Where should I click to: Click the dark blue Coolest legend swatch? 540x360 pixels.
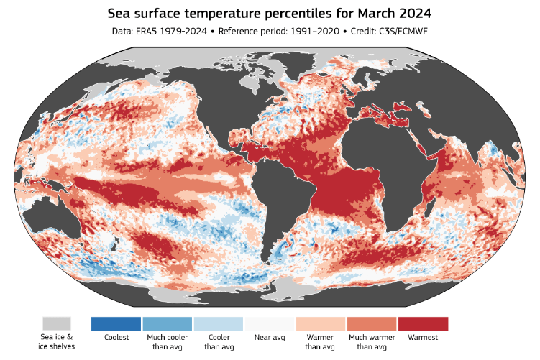pos(116,323)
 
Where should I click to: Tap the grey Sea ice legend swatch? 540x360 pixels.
pos(56,323)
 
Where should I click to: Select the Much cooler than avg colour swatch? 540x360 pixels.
pos(167,323)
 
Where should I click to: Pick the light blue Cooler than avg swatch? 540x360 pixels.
pos(218,323)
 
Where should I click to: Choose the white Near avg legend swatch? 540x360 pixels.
pos(270,323)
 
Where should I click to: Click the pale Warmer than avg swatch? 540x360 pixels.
pos(321,323)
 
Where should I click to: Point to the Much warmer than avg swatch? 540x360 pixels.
pos(372,323)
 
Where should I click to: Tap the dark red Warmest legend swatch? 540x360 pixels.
pos(423,323)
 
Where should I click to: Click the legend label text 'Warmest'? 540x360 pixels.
pos(423,337)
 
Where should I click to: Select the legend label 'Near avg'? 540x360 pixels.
pos(270,337)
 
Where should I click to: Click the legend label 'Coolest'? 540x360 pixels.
pos(116,337)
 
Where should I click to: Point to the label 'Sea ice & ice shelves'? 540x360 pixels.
pos(56,341)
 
